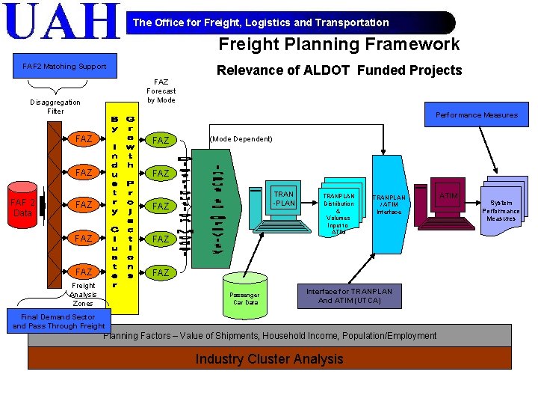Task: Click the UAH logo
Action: pyautogui.click(x=63, y=22)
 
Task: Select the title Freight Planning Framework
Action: pyautogui.click(x=338, y=45)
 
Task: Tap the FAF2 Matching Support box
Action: pyautogui.click(x=64, y=67)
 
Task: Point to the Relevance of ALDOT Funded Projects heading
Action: pyautogui.click(x=338, y=70)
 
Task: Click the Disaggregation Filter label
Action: pyautogui.click(x=55, y=106)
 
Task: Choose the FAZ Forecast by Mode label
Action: pyautogui.click(x=161, y=91)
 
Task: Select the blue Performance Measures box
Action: pyautogui.click(x=476, y=114)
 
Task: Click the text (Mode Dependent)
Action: pyautogui.click(x=241, y=139)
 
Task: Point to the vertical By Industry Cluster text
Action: pyautogui.click(x=116, y=202)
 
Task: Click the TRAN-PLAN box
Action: pyautogui.click(x=284, y=199)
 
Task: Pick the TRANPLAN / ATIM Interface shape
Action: pyautogui.click(x=389, y=204)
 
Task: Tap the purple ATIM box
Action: pyautogui.click(x=448, y=196)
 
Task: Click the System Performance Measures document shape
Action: pyautogui.click(x=501, y=210)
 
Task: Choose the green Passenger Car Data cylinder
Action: pyautogui.click(x=245, y=297)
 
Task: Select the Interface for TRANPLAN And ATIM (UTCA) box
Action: pyautogui.click(x=349, y=296)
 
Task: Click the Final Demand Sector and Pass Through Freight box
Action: pyautogui.click(x=59, y=322)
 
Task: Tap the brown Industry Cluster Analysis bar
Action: pyautogui.click(x=269, y=359)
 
